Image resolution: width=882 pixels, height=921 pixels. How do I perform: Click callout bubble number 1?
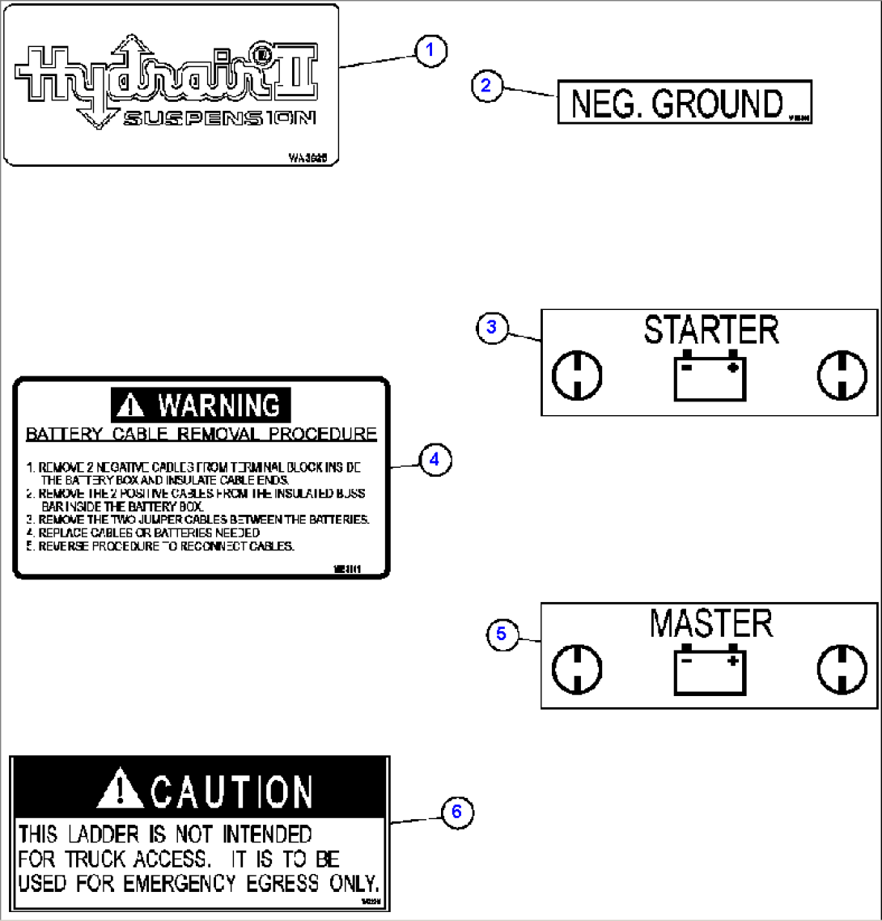(x=430, y=51)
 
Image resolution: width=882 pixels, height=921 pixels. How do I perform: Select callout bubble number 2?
(x=486, y=86)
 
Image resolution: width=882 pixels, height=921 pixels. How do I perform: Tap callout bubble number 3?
(x=491, y=327)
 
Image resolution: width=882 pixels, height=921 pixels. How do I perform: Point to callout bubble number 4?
(x=435, y=460)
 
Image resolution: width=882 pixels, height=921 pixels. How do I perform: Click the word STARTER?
(x=710, y=330)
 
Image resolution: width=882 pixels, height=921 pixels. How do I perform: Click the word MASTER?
(x=710, y=624)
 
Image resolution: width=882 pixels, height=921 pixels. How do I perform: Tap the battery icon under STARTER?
(x=710, y=376)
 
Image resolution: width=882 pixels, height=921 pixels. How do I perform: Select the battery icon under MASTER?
(x=710, y=669)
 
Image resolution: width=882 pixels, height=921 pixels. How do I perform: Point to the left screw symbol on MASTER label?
(x=577, y=669)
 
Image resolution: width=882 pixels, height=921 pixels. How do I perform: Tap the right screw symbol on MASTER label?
(x=842, y=669)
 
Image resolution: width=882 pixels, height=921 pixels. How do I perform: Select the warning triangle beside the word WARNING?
(x=132, y=405)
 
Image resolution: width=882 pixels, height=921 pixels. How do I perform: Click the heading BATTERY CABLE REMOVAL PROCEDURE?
(x=201, y=435)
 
